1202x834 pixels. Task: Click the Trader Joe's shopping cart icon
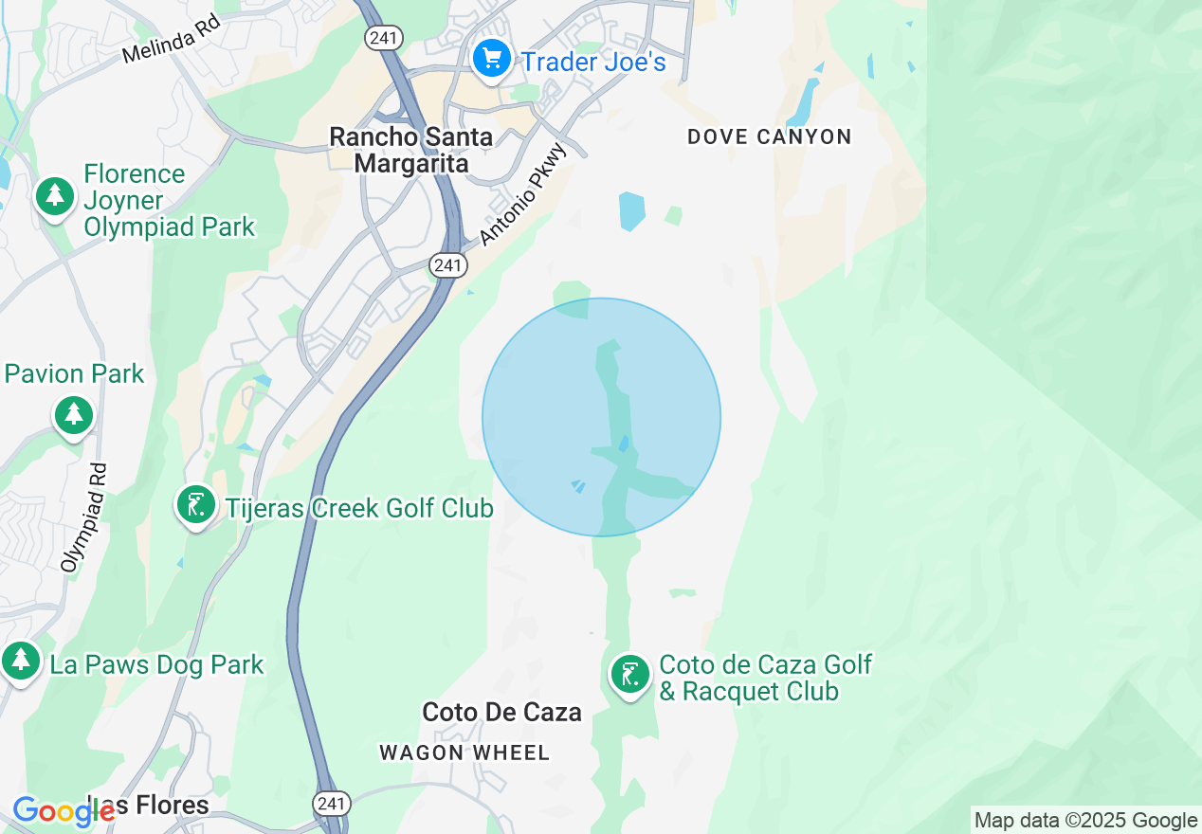pos(491,60)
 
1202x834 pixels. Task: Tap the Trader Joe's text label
pos(594,63)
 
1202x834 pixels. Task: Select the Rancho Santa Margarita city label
pos(411,150)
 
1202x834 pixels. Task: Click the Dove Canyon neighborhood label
pos(770,136)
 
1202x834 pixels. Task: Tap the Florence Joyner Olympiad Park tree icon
pos(55,196)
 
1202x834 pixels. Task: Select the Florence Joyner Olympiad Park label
pos(169,201)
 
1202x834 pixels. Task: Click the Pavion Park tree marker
pos(73,415)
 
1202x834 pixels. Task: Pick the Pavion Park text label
pos(75,373)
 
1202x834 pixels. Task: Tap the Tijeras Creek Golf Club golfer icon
pos(195,505)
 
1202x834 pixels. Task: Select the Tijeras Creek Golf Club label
pos(359,508)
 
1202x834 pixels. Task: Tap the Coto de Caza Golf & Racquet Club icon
pos(628,675)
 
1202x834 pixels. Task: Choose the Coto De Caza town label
pos(501,712)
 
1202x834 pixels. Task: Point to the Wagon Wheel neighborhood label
pos(464,753)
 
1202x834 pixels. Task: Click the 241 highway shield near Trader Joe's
pos(385,38)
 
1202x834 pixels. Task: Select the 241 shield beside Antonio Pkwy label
pos(447,265)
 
